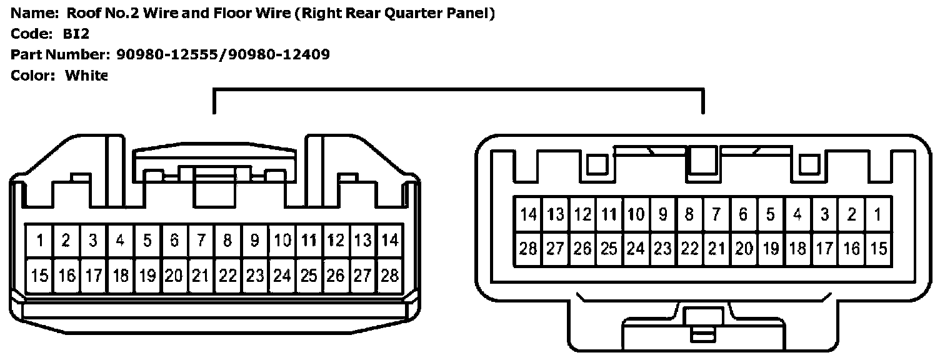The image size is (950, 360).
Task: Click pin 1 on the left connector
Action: tap(39, 241)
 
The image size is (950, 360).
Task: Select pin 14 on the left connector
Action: tap(389, 241)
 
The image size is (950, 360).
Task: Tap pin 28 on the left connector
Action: tap(389, 275)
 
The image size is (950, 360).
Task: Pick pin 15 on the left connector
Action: tap(39, 275)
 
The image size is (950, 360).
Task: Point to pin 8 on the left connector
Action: tap(227, 241)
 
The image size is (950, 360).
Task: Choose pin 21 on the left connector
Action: tap(200, 275)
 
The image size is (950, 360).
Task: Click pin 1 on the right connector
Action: tap(878, 215)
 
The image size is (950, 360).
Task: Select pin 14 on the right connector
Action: tap(528, 215)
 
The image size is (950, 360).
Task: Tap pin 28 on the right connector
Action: tap(528, 249)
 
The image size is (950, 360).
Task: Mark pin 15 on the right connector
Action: tap(878, 249)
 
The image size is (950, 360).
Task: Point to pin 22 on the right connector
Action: tap(689, 249)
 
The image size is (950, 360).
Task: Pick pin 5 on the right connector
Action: tap(770, 215)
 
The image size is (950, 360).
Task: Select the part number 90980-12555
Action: tap(169, 54)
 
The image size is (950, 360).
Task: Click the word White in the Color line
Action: tap(86, 76)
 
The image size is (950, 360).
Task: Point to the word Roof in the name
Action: tap(82, 13)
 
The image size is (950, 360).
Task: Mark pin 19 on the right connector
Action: tap(770, 249)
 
